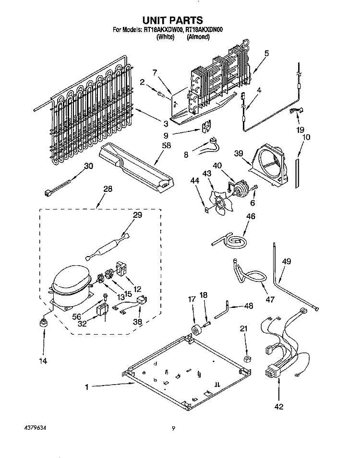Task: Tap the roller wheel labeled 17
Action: pyautogui.click(x=195, y=331)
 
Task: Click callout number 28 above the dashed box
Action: pyautogui.click(x=108, y=190)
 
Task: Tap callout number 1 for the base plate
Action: pyautogui.click(x=87, y=386)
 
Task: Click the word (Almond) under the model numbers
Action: pyautogui.click(x=198, y=36)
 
